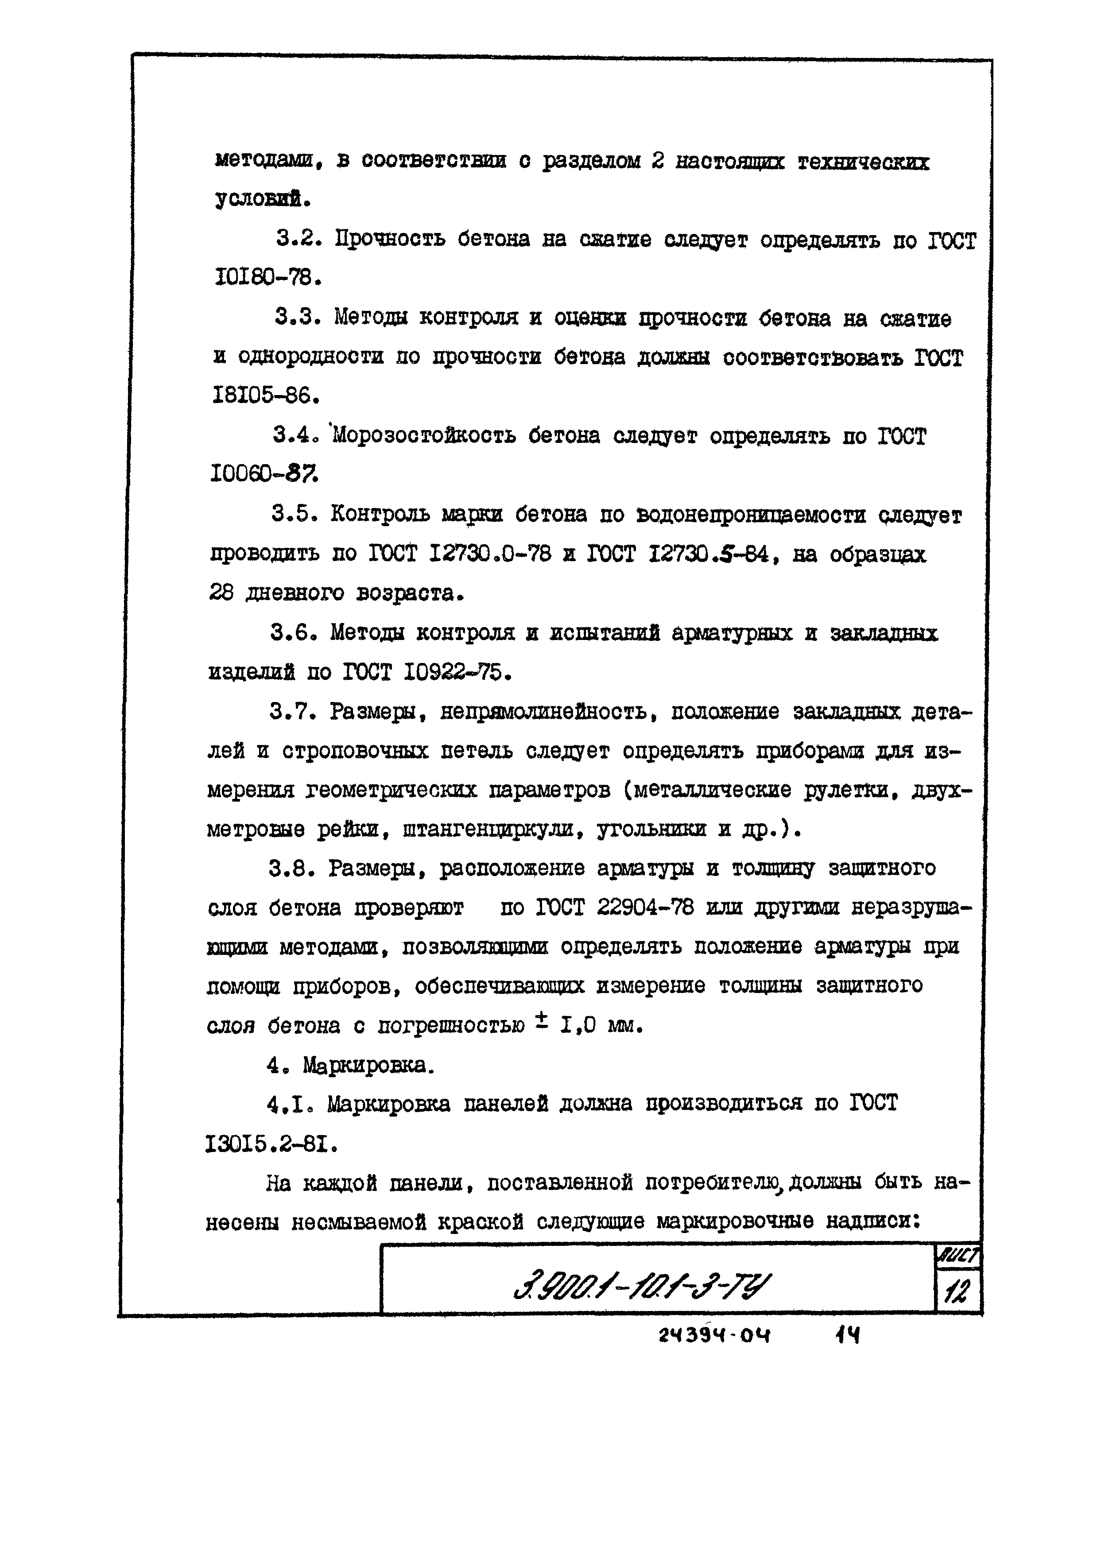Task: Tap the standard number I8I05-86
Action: coord(265,395)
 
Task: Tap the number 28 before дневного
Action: coord(221,593)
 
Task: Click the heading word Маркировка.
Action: coord(368,1065)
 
